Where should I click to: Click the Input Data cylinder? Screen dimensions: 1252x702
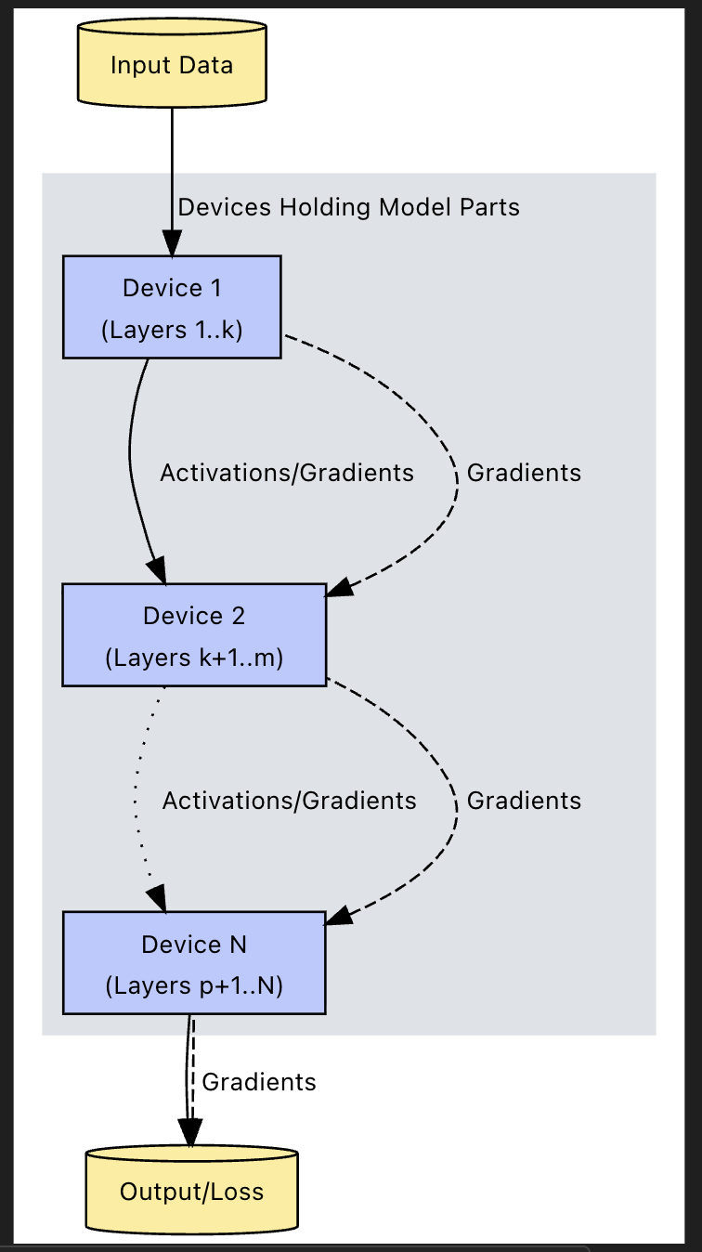(x=172, y=65)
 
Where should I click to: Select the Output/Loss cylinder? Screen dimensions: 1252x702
(x=191, y=1192)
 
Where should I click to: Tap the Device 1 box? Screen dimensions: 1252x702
(x=172, y=306)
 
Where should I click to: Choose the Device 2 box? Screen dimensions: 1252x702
(x=194, y=635)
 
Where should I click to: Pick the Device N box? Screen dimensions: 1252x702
(x=194, y=963)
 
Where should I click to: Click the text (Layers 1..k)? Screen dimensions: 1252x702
(x=172, y=330)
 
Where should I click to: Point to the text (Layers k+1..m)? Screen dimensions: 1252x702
(x=194, y=658)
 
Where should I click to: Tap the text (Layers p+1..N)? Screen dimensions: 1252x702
(x=194, y=985)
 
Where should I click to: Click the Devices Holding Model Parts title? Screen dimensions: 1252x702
(x=348, y=206)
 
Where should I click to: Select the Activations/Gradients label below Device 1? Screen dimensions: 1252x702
(x=287, y=473)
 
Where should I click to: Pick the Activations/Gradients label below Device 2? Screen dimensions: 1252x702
(x=289, y=801)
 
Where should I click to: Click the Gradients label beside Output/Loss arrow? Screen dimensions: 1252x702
(x=259, y=1082)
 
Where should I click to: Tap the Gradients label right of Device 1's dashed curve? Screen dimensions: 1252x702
(x=524, y=473)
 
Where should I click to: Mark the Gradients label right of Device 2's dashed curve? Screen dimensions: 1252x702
(x=524, y=801)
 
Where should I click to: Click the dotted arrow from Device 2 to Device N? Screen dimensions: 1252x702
(x=139, y=799)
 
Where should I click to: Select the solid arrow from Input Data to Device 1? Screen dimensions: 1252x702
(x=172, y=167)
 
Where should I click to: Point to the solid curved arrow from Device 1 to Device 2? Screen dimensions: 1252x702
(x=131, y=464)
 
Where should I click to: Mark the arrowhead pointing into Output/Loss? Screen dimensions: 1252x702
(x=190, y=1132)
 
